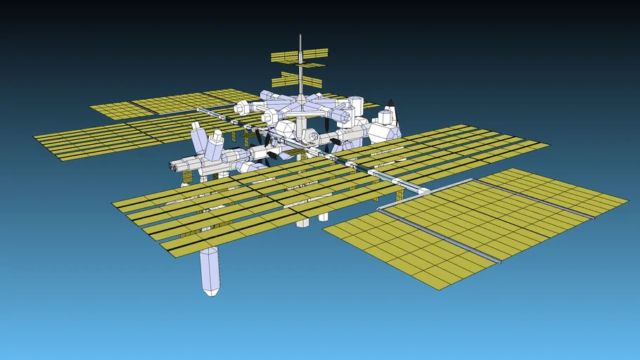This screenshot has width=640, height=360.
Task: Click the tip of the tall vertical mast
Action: point(300,35)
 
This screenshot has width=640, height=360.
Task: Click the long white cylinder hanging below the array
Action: point(210,270)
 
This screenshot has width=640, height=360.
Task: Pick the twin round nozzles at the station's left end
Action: point(174,167)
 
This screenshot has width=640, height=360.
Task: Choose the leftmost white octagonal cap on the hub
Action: point(241,108)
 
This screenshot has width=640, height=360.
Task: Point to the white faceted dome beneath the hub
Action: point(286,129)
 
